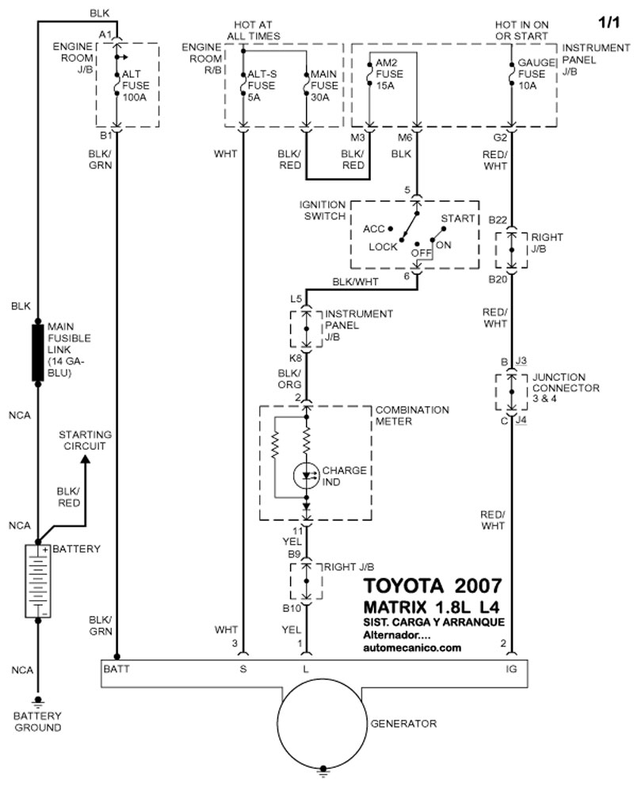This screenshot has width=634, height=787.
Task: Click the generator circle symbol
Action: [323, 722]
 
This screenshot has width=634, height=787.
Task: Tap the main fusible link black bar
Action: [37, 351]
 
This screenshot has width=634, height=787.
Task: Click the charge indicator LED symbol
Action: [305, 475]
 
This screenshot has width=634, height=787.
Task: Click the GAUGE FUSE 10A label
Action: [533, 74]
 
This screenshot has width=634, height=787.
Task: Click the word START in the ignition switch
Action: [458, 219]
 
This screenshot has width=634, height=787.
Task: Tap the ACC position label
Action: [373, 229]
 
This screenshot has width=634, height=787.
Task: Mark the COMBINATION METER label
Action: [411, 416]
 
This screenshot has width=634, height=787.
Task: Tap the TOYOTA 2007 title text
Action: [432, 587]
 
